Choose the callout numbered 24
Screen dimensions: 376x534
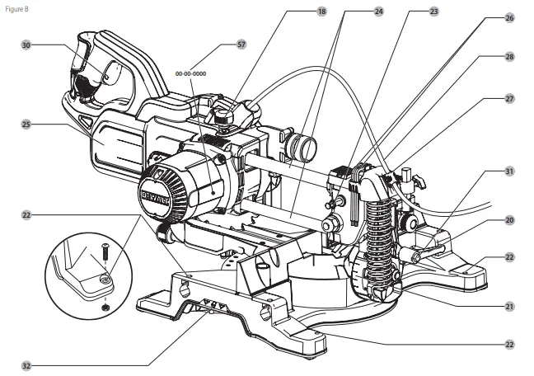(378, 12)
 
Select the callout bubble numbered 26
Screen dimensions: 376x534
(509, 16)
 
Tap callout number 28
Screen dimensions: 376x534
(509, 57)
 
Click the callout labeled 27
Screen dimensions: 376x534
(509, 98)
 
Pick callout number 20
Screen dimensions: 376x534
(509, 220)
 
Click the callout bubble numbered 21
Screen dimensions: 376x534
(509, 306)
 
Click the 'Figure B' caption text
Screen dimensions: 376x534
(17, 7)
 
